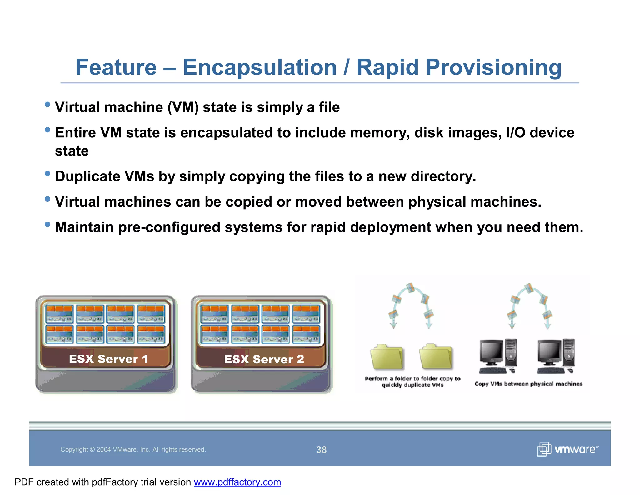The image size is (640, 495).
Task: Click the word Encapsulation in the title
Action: (259, 67)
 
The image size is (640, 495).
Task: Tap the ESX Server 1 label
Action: (108, 359)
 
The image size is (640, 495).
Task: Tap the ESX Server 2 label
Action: (264, 359)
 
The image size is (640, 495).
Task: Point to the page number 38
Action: (321, 450)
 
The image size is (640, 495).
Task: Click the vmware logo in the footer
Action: (568, 449)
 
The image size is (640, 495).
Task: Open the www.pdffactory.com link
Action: (237, 482)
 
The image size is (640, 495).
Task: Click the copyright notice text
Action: (133, 450)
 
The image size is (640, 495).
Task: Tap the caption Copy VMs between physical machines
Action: (528, 384)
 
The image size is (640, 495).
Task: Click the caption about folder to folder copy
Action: (412, 382)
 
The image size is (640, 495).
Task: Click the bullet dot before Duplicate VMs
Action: (47, 174)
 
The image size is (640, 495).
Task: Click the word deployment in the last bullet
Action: (390, 227)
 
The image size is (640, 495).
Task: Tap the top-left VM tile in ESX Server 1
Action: (59, 314)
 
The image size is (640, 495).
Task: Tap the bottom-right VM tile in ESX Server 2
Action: (306, 334)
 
